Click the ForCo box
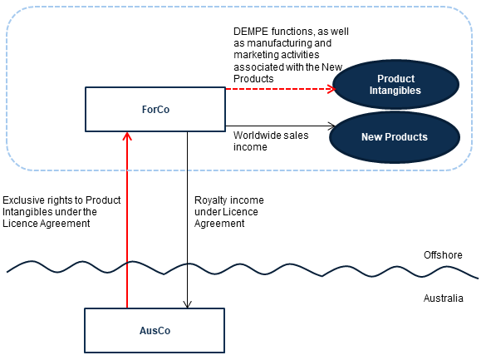(155, 109)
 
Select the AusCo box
(155, 331)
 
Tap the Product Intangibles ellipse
(395, 84)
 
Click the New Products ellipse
(395, 137)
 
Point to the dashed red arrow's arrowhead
(331, 89)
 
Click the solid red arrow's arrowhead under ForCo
(127, 136)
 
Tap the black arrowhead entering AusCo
(187, 304)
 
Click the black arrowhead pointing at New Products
(331, 126)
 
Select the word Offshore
(443, 255)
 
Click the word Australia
(444, 298)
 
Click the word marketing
(255, 55)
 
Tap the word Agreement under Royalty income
(219, 224)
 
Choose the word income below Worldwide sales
(250, 147)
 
